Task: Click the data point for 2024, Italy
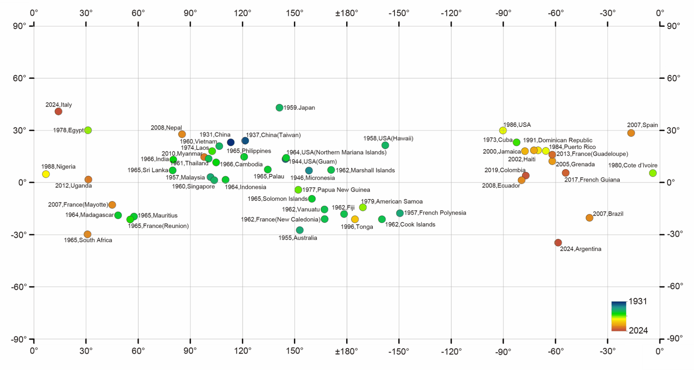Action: point(58,111)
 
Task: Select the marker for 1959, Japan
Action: point(279,108)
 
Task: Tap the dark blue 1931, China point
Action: point(231,142)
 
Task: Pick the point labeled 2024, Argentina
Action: point(558,242)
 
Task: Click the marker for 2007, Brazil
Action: point(590,218)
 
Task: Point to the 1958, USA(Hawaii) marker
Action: point(385,145)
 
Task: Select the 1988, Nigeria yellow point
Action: point(46,174)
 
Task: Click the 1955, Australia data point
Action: point(300,230)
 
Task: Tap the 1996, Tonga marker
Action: point(355,219)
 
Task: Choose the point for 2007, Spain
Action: point(631,133)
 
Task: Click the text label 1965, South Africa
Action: point(88,240)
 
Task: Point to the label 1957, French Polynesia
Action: point(435,213)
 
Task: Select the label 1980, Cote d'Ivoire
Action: point(633,165)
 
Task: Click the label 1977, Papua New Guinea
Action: point(336,190)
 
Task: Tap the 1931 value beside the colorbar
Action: point(638,301)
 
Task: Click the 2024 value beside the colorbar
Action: point(638,330)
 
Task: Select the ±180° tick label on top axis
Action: point(347,13)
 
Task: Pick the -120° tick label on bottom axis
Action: point(451,351)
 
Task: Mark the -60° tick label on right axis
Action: point(674,287)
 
